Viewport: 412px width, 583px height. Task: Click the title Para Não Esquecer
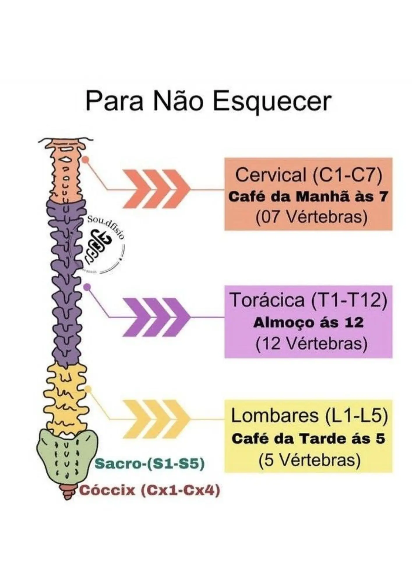[209, 102]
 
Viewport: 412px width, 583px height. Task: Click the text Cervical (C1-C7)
[309, 175]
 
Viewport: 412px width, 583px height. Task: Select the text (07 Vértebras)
[311, 217]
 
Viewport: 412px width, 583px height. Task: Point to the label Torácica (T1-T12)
[309, 300]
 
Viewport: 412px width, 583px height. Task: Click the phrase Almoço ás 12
[309, 323]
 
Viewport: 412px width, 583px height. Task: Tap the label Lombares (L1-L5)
[309, 416]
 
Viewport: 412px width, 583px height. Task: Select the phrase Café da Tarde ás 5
[309, 439]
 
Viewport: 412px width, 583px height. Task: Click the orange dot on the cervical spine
[85, 159]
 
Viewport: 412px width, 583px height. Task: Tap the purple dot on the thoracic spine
[87, 287]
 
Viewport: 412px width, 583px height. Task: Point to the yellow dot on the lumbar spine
[88, 389]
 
